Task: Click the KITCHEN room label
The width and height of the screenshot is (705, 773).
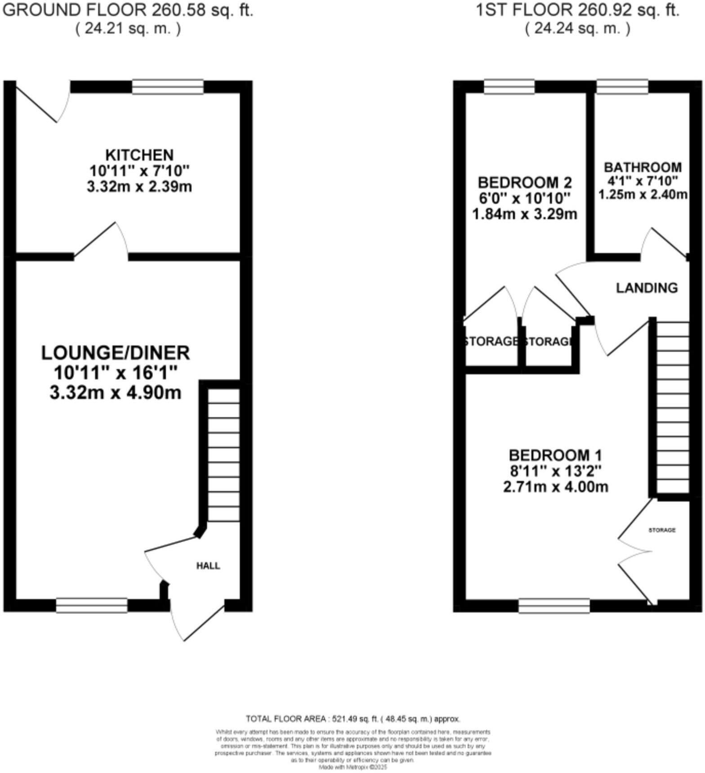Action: point(139,155)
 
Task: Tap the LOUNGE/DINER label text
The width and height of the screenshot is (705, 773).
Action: point(116,353)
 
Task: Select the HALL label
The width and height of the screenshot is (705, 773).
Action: point(208,566)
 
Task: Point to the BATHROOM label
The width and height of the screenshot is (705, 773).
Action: point(643,167)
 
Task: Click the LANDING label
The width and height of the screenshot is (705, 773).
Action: point(647,288)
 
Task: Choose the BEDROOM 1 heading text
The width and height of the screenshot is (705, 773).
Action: point(555,455)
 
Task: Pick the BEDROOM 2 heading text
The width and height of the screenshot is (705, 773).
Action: point(525,183)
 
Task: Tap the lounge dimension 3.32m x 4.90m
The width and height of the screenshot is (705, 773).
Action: point(116,393)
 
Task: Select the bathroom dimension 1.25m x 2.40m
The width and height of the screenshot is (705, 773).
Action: point(643,195)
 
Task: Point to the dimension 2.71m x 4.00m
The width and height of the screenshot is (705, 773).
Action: point(555,487)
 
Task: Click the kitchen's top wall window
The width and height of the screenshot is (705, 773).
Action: point(168,87)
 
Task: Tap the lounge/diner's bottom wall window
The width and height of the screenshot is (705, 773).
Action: point(92,605)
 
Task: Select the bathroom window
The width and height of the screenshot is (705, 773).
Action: point(622,87)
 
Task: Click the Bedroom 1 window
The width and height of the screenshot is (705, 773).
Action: point(554,606)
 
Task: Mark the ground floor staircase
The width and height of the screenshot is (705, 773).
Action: point(223,454)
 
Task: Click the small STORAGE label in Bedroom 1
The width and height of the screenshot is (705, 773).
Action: point(662,530)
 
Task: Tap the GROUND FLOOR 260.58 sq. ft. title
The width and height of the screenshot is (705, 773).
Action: point(128,10)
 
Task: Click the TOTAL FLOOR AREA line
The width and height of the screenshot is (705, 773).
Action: point(352,719)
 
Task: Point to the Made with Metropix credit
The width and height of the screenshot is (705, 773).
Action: point(352,767)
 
